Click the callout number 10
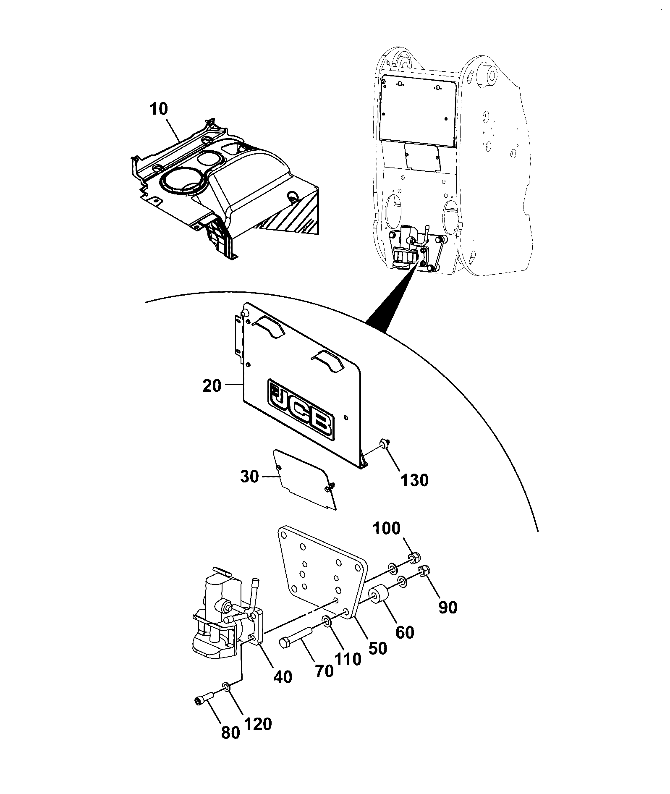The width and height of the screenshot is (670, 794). [158, 110]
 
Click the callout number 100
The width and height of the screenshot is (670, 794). [386, 529]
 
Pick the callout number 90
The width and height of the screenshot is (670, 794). [448, 608]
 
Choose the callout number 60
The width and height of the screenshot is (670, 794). [405, 632]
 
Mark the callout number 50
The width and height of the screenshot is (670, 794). [377, 648]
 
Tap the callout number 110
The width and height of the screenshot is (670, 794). [348, 659]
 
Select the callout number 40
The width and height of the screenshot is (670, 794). [282, 677]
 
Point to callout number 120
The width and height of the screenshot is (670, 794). [258, 724]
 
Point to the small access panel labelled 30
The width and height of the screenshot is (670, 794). [305, 480]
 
